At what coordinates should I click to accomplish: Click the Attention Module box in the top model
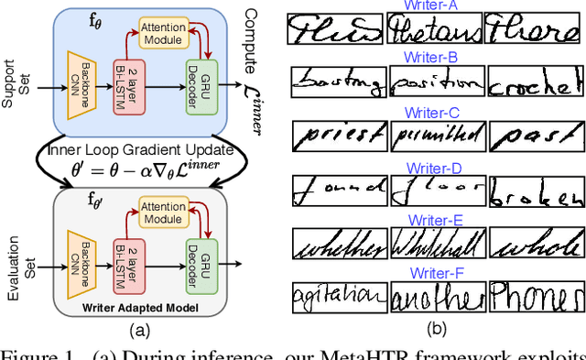click(x=162, y=32)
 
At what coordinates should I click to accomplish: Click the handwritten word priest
click(x=338, y=138)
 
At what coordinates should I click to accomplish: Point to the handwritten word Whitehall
click(x=436, y=245)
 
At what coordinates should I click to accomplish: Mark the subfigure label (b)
click(x=437, y=327)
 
